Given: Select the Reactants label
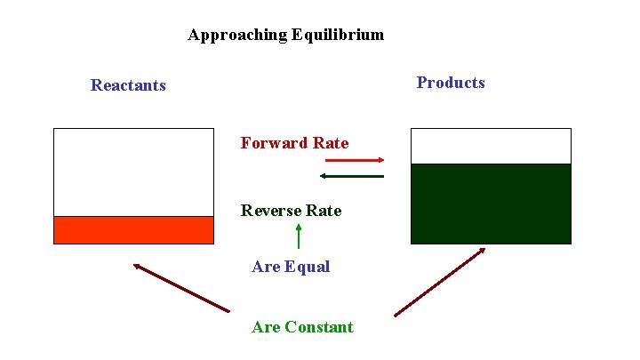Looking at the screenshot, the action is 128,85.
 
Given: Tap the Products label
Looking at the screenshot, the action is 451,83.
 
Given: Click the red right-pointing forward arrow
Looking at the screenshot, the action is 354,160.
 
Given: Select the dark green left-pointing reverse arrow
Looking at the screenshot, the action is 352,176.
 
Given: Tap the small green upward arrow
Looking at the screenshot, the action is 298,236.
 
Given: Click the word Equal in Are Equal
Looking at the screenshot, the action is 308,267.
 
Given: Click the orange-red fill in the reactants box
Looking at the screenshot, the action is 133,229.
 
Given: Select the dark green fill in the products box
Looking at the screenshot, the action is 491,203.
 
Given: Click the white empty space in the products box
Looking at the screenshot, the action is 491,146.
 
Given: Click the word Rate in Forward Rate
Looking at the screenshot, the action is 330,143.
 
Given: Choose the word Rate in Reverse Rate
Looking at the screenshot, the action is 323,211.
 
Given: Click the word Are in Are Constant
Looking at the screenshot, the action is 266,327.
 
